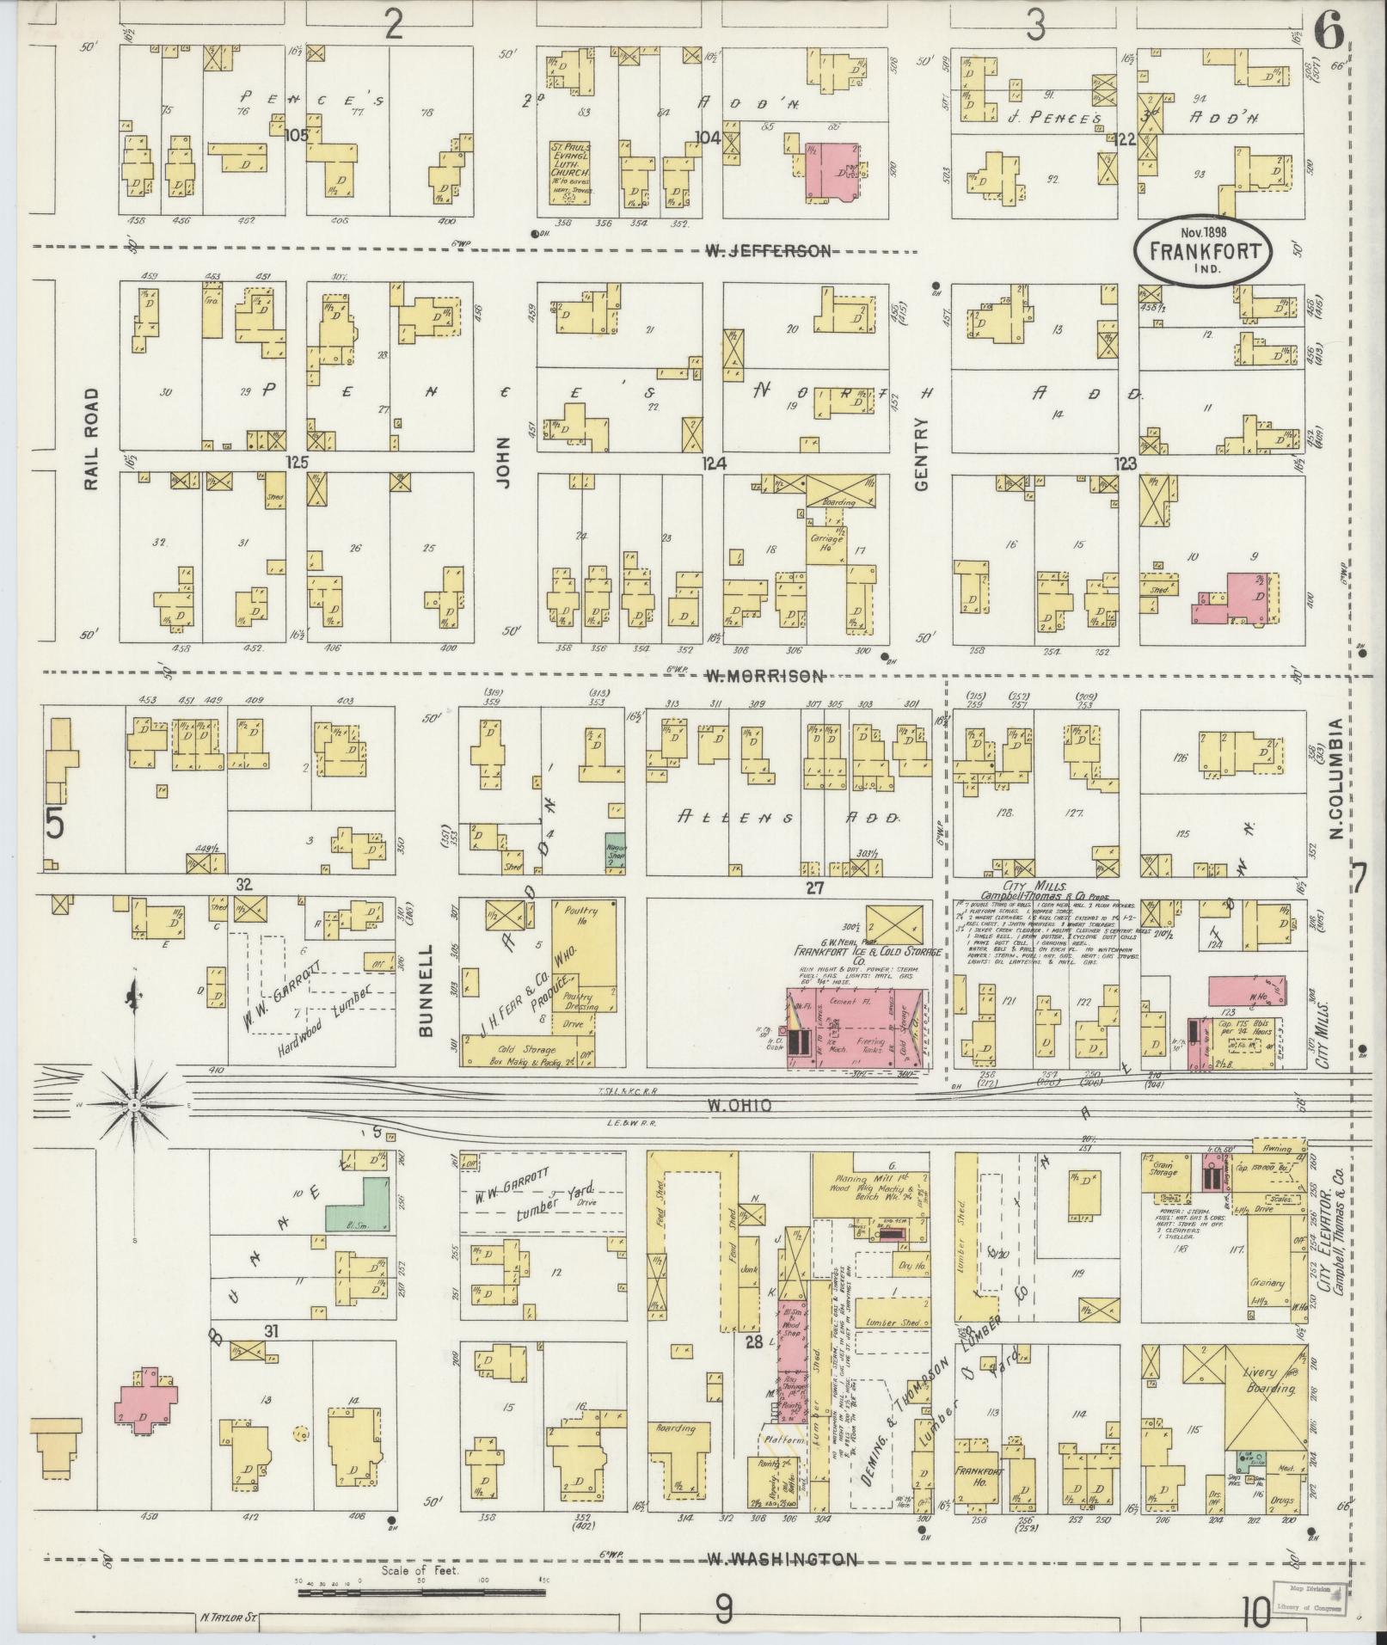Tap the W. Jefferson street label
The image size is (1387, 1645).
[x=768, y=251]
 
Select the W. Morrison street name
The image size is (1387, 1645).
[x=764, y=676]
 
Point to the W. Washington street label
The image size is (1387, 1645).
[x=782, y=1559]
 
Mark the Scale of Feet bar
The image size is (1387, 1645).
[x=421, y=1593]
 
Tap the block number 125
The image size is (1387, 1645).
[x=298, y=463]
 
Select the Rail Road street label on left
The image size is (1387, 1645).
[x=92, y=439]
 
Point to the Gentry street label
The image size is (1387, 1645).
[x=923, y=454]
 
